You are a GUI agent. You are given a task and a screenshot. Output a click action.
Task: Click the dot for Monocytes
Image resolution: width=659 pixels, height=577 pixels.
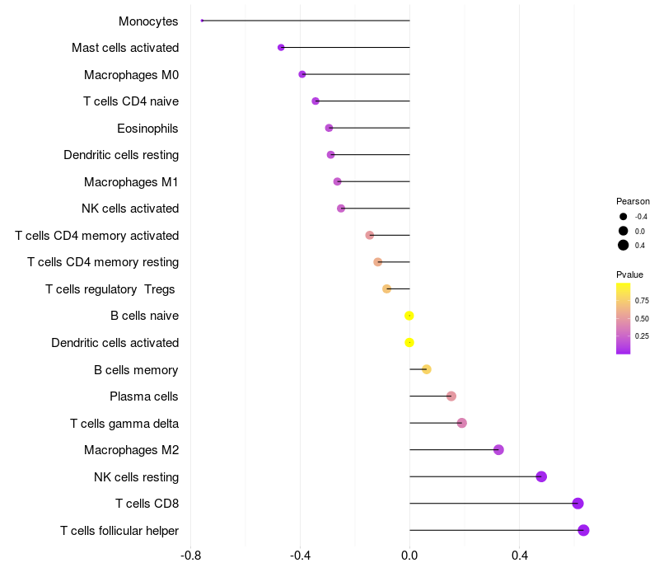[x=202, y=21]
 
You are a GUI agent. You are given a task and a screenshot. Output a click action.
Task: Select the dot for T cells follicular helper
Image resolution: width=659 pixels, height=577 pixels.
[x=583, y=530]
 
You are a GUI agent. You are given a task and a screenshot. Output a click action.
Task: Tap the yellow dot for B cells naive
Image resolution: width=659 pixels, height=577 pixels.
[x=409, y=316]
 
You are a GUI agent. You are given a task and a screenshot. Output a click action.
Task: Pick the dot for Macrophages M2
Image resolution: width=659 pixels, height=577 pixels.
[x=498, y=449]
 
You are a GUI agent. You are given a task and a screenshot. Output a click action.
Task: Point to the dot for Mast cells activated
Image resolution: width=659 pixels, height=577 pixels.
[x=281, y=48]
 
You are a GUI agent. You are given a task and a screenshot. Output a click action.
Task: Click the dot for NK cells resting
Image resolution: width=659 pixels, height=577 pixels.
[x=541, y=476]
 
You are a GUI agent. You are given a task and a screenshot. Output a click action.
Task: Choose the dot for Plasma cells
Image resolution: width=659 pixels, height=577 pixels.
[x=451, y=396]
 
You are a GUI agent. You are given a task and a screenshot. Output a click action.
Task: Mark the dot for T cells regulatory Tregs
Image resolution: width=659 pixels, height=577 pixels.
[x=386, y=289]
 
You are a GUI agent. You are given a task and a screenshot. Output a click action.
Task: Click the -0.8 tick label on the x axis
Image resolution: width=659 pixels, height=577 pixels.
[x=190, y=556]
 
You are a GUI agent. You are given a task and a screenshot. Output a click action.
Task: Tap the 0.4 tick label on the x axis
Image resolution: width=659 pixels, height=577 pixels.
[x=520, y=556]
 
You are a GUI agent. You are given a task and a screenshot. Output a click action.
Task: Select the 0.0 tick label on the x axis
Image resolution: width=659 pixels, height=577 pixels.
[x=409, y=556]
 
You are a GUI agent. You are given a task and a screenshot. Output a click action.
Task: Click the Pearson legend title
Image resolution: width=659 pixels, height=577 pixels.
[x=633, y=201]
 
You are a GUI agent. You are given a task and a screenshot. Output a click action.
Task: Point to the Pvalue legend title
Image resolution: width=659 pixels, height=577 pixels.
[x=629, y=274]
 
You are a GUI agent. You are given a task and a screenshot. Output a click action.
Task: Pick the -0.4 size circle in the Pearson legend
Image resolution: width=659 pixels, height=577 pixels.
[x=623, y=217]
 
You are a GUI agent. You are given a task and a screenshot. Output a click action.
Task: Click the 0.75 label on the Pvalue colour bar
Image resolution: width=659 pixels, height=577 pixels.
[x=642, y=301]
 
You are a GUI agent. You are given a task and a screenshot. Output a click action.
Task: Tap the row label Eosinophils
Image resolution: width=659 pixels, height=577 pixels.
[x=147, y=129]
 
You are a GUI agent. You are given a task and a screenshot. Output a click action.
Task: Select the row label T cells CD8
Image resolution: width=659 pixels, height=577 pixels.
[x=147, y=504]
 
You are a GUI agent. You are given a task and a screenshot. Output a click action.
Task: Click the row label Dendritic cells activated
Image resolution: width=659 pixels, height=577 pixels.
[x=115, y=343]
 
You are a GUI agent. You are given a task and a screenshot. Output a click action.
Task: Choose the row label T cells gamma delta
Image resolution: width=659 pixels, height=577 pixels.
[x=124, y=424]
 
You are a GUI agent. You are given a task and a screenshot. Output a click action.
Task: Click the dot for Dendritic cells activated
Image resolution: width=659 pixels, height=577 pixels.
[x=409, y=342]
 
